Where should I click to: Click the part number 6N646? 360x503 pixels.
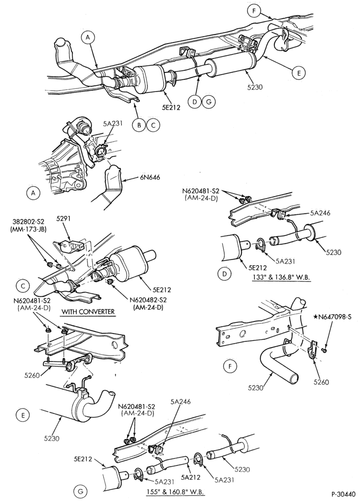point(150,177)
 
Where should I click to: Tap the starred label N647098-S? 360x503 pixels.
point(334,317)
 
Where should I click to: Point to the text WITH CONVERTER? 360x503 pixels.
point(88,311)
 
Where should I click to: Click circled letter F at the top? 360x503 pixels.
point(253,11)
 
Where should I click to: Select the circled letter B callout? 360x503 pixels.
point(139,125)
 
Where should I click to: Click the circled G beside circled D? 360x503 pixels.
point(209,102)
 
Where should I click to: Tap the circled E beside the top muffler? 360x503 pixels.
point(299,73)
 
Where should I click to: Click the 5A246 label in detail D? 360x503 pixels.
point(321,212)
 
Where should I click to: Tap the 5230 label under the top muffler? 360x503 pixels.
point(254,86)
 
